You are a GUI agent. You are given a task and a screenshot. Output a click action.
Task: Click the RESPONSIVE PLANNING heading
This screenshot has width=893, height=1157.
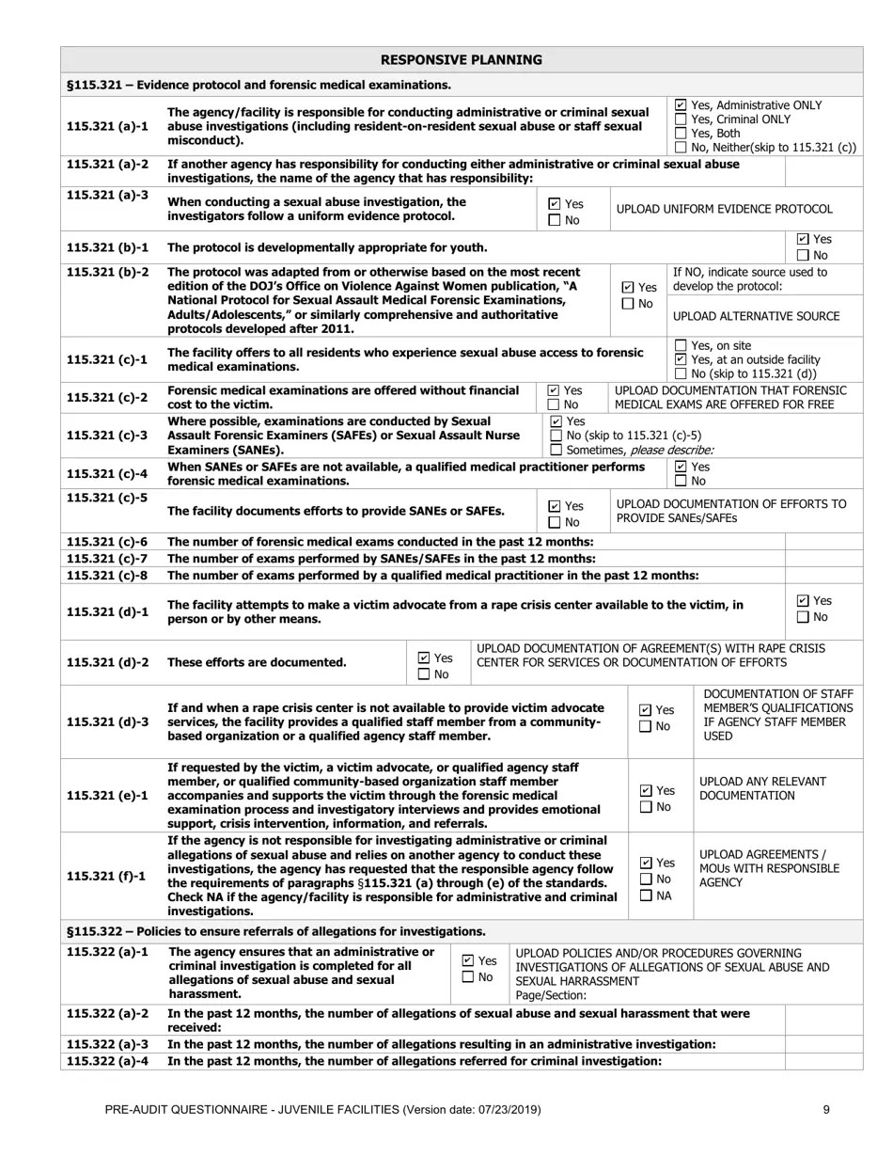[x=461, y=60]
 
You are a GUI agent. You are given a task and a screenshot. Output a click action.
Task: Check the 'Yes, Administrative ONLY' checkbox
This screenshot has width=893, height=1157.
[x=681, y=105]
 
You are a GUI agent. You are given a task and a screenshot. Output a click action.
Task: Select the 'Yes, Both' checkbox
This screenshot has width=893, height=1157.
[x=681, y=134]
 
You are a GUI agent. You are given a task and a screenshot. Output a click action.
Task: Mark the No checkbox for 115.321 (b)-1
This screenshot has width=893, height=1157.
[x=802, y=255]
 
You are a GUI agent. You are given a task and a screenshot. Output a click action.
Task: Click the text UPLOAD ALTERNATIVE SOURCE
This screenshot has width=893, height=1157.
[x=756, y=316]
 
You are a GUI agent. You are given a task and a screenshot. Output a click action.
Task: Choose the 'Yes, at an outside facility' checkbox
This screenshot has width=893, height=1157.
[x=681, y=359]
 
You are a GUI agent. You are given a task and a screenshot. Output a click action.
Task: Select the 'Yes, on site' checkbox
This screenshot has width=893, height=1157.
[x=681, y=345]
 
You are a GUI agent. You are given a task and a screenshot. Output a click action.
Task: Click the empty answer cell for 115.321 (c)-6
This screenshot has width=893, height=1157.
[x=822, y=542]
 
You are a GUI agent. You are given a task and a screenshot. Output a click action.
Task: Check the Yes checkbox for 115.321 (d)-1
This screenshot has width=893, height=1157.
[x=802, y=601]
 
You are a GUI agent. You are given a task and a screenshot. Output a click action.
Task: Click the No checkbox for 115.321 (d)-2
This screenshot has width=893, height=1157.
[x=423, y=674]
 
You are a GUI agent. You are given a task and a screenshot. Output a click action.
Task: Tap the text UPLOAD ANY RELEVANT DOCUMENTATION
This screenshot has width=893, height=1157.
[x=762, y=788]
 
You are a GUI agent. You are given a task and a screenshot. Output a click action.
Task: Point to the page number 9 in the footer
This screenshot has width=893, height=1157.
[x=826, y=1109]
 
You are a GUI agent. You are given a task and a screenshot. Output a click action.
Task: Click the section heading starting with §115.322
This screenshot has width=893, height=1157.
[x=276, y=931]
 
